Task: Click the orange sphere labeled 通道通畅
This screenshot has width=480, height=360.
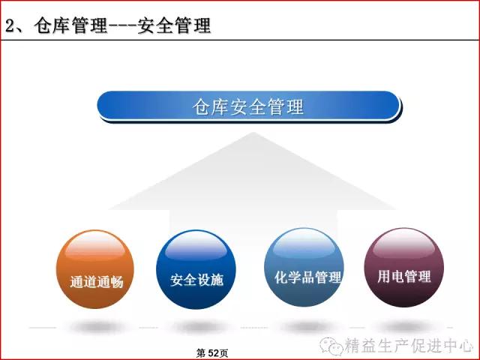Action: point(95,269)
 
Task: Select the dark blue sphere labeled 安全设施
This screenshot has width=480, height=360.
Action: point(196,269)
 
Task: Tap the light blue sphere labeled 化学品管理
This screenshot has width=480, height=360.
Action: point(304,267)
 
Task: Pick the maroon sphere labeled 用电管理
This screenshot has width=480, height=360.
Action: point(403,267)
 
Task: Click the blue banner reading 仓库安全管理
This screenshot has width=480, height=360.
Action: point(248,106)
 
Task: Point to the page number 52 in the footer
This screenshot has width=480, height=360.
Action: point(212,353)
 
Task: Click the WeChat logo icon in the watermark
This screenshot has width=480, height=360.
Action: point(331,345)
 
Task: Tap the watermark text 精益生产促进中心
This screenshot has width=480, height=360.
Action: point(409,346)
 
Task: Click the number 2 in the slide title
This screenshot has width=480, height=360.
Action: point(10,25)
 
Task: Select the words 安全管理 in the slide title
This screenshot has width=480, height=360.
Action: point(174,25)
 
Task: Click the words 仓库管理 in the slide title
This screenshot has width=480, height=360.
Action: point(70,25)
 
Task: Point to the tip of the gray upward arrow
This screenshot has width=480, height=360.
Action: point(253,132)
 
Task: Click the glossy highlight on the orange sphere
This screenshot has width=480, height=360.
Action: point(95,246)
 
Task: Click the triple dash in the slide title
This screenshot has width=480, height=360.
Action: point(122,26)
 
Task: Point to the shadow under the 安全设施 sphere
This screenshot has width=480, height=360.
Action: point(199,327)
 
